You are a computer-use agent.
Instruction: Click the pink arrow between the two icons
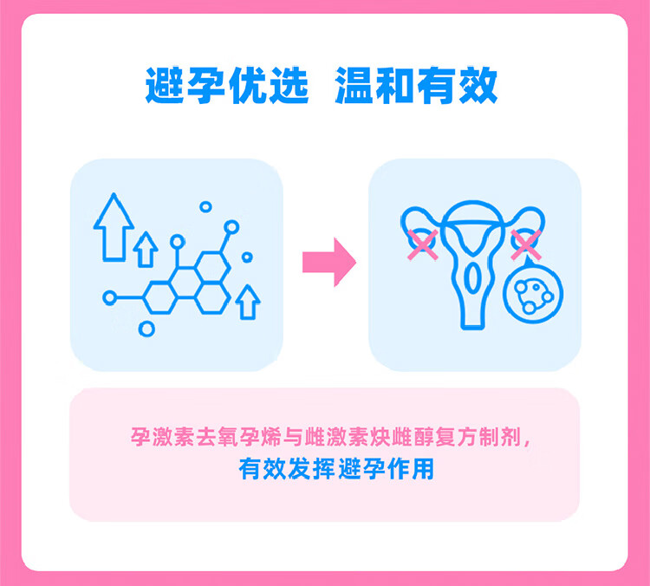coord(328,261)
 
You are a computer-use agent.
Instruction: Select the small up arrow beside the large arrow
coord(146,249)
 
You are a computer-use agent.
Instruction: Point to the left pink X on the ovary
coord(421,244)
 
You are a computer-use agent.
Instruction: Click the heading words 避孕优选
coord(227,85)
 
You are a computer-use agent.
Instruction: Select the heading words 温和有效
coord(416,85)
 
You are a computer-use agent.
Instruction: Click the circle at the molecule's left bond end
coord(109,297)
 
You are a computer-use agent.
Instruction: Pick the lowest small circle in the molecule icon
coord(147,329)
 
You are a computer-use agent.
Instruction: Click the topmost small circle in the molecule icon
coord(205,206)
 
